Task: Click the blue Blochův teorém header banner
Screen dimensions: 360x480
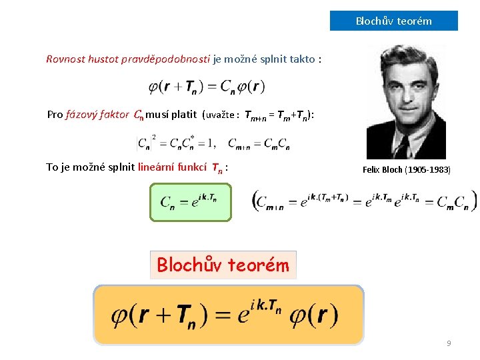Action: click(393, 21)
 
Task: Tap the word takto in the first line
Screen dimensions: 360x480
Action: click(303, 59)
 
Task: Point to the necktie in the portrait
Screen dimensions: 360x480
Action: click(401, 145)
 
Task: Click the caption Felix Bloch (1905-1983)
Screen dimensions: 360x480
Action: click(407, 170)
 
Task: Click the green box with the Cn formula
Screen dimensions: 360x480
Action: click(191, 201)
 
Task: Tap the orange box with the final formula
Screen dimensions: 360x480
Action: click(229, 315)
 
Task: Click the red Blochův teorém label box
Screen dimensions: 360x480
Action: click(223, 265)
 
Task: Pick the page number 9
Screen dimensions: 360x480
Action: click(449, 343)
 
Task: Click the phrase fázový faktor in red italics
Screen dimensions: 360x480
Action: click(98, 114)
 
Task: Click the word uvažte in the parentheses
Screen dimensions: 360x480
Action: click(224, 115)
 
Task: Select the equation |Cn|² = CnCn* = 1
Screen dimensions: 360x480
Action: click(176, 143)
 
